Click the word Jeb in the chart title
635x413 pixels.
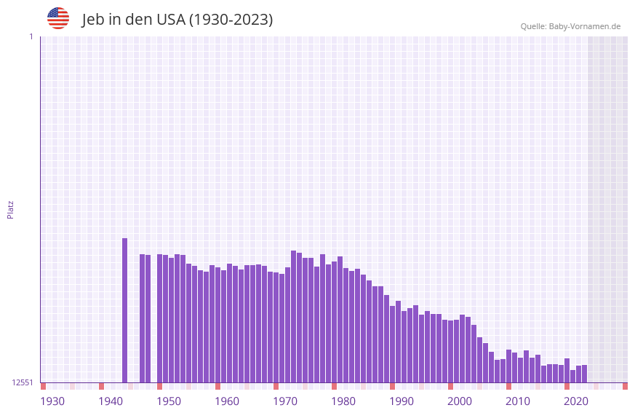point(94,20)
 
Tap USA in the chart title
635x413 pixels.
point(171,20)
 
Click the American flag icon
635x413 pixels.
point(58,18)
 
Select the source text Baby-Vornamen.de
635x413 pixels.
point(584,26)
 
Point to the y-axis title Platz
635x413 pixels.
point(10,209)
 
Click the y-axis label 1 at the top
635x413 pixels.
point(31,36)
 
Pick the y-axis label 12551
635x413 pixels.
point(23,382)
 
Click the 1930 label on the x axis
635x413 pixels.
point(52,401)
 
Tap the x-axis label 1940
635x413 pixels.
point(111,401)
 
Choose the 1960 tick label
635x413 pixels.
point(227,401)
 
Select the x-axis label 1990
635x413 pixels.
point(402,401)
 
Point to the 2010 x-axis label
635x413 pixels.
point(518,401)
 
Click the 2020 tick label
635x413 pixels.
point(576,401)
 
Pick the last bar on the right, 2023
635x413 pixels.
point(584,374)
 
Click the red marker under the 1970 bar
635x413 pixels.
point(276,386)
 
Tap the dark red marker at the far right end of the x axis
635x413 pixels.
point(625,386)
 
